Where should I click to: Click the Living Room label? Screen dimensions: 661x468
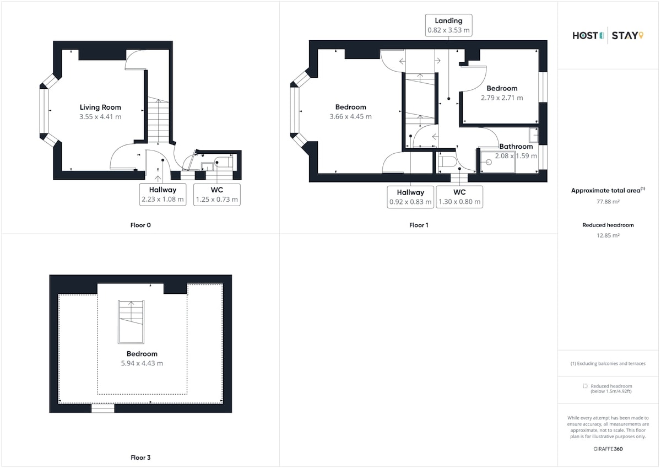click(100, 107)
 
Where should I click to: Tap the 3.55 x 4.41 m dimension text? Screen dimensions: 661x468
click(100, 117)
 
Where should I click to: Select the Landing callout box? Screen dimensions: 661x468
click(448, 25)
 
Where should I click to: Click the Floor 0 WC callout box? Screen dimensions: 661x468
click(217, 195)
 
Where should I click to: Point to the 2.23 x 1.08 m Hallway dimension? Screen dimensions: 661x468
click(162, 200)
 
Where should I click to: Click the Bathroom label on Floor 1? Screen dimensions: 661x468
click(516, 147)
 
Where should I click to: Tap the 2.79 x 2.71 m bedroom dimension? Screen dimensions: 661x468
click(502, 98)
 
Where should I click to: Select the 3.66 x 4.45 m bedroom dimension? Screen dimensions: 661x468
click(350, 117)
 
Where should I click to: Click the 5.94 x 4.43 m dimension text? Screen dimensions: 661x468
click(142, 363)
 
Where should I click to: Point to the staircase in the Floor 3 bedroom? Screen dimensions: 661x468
click(131, 322)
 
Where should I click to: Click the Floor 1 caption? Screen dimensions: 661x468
click(419, 225)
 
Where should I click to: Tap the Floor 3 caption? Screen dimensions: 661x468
click(140, 458)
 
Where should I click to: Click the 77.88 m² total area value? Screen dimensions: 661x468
click(608, 202)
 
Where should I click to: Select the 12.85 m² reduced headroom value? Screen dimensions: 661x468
click(608, 235)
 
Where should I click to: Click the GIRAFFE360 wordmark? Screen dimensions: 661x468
click(608, 449)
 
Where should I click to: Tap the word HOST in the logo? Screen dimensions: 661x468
click(585, 36)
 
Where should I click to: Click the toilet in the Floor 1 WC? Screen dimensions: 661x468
click(448, 162)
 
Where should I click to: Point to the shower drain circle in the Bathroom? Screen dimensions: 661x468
click(489, 162)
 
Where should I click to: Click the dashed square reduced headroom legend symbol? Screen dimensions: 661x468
click(585, 386)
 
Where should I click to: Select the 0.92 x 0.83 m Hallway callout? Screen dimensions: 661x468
click(410, 197)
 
